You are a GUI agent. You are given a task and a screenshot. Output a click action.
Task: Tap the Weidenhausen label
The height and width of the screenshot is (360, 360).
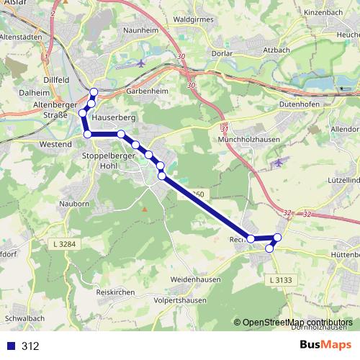pos(194,278)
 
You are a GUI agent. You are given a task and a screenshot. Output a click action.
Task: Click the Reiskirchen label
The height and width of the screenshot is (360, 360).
pos(116,292)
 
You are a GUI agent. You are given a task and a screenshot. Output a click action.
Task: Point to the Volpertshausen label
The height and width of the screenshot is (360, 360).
pos(180,300)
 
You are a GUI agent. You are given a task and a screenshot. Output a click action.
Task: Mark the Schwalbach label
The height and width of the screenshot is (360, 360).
pos(24,318)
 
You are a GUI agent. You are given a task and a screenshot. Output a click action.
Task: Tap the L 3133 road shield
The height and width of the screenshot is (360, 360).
pos(282,279)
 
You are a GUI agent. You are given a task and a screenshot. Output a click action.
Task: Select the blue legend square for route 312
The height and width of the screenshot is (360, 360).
pos(10,346)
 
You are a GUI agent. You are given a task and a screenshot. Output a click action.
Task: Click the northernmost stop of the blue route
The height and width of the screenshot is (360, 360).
pos(94,91)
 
